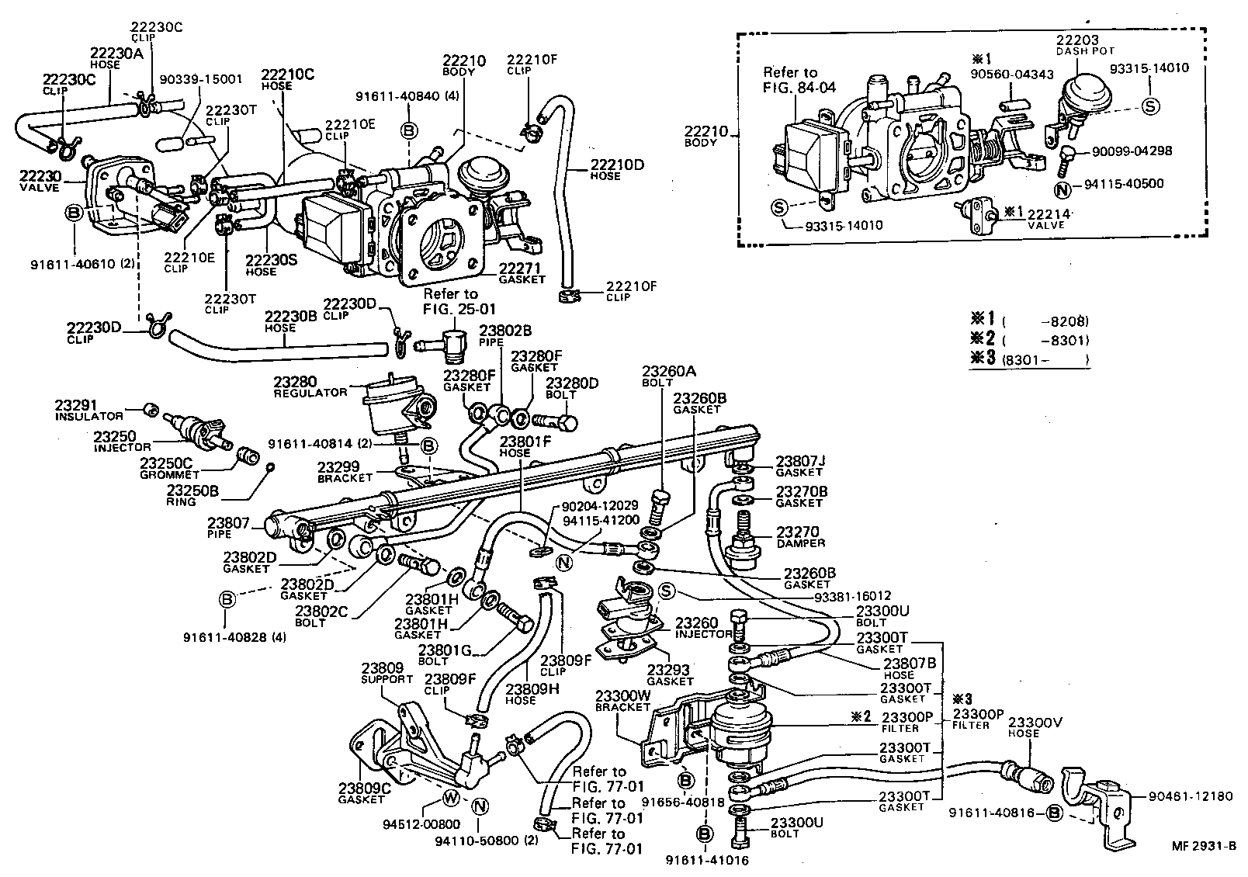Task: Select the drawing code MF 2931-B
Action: (x=1204, y=846)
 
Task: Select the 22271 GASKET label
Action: (x=522, y=273)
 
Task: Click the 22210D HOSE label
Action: (x=615, y=169)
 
